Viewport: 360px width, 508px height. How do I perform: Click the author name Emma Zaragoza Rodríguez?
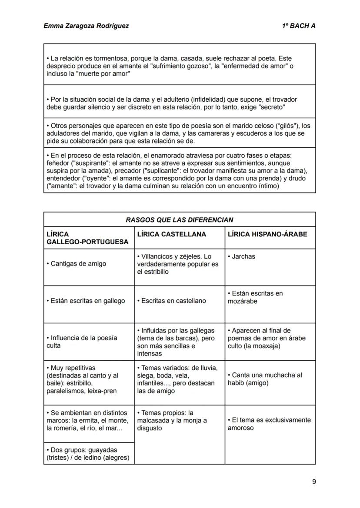tap(86, 26)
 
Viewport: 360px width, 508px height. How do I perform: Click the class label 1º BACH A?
tap(298, 26)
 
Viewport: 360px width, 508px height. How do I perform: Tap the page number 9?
tap(313, 481)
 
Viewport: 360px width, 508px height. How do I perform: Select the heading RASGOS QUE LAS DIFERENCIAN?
tap(179, 220)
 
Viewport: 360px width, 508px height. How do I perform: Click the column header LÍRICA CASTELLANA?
tap(171, 234)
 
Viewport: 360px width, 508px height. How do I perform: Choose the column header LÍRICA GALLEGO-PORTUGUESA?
tap(87, 238)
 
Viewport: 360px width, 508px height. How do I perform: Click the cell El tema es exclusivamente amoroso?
tap(269, 424)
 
